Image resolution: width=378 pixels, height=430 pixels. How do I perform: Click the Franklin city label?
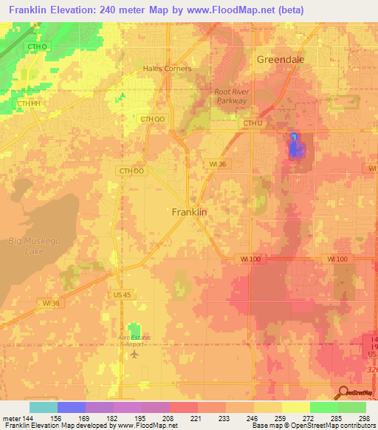pos(189,212)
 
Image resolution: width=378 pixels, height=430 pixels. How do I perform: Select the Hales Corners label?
pos(167,69)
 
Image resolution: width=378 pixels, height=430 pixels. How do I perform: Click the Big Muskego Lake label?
pos(26,246)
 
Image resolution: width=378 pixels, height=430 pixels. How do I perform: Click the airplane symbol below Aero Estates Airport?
pos(134,354)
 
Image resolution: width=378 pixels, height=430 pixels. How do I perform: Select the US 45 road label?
pos(123,295)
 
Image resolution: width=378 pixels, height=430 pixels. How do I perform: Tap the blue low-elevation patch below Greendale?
pos(295,146)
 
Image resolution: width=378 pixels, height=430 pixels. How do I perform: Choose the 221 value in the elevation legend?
pos(196,417)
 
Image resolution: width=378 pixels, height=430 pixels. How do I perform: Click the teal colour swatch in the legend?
pos(43,407)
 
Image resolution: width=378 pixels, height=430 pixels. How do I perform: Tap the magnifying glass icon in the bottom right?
pos(342,392)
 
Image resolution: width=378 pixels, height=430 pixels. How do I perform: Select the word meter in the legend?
pos(11,417)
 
